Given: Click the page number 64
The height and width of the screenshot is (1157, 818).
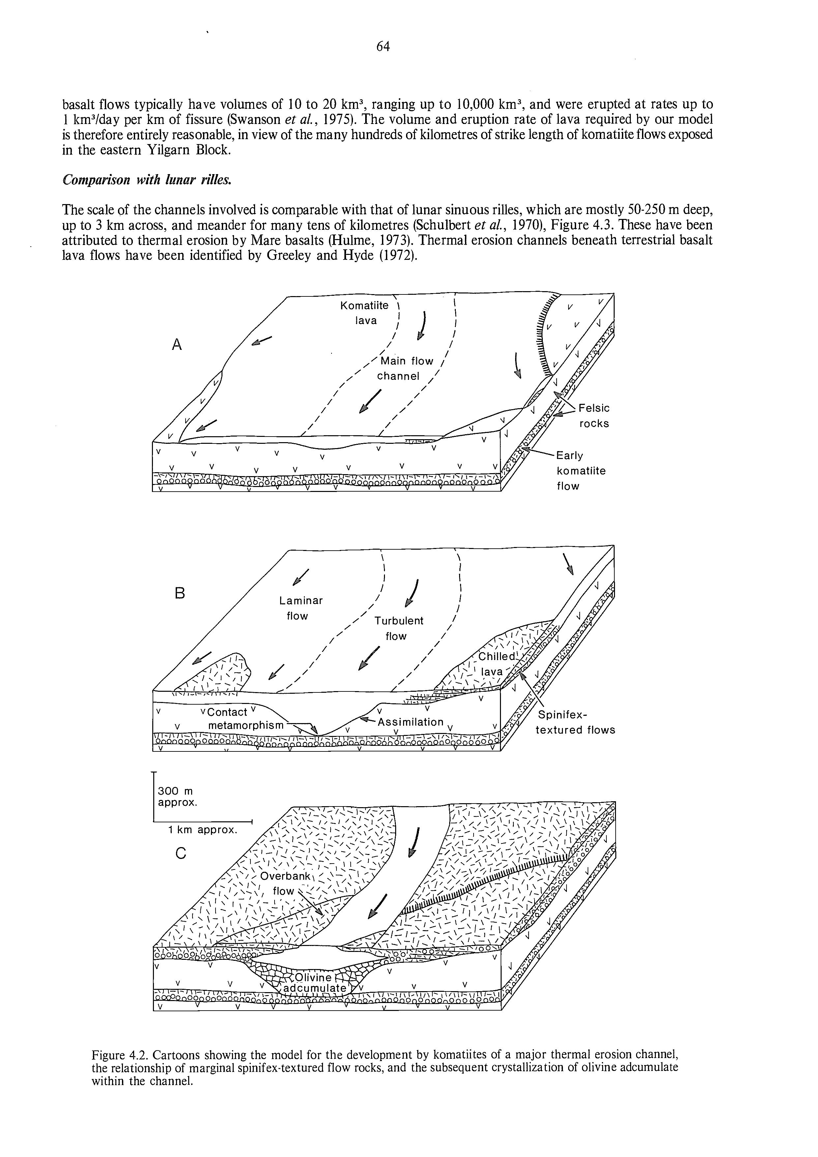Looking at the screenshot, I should click(383, 47).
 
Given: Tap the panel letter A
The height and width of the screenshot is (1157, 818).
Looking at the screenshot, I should click(176, 345).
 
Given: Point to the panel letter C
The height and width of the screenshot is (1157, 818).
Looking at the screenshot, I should click(181, 853).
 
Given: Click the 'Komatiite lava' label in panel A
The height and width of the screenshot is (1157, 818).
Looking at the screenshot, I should click(365, 313).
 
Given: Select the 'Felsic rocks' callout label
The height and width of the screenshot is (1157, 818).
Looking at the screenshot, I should click(594, 416).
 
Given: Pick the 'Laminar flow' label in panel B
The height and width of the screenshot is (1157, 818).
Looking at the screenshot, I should click(301, 608).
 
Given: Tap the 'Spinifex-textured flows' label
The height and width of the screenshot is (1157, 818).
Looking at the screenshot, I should click(575, 722).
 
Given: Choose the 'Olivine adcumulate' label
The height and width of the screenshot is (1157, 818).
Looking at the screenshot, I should click(314, 983).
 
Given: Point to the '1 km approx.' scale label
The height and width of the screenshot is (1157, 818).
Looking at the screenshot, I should click(202, 830).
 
